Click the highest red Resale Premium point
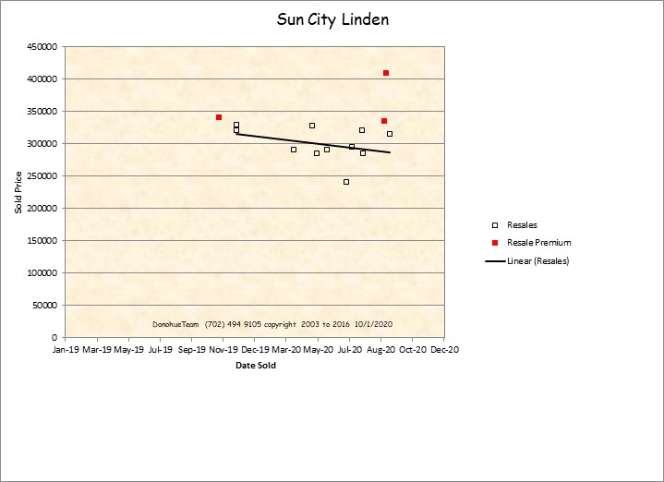pos(386,73)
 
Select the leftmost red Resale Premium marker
pos(219,117)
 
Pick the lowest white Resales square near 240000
pos(346,182)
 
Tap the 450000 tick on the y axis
pos(42,47)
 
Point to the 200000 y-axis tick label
pos(42,209)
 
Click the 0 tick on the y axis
pos(54,338)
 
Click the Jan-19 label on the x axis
pos(66,351)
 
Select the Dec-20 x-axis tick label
pos(444,351)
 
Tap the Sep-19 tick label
pos(191,351)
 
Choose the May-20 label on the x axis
pos(318,351)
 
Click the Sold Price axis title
pos(18,192)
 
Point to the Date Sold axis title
pos(255,366)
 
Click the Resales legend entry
pos(522,224)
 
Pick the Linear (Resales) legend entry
pos(537,261)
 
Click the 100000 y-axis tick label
pos(42,273)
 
